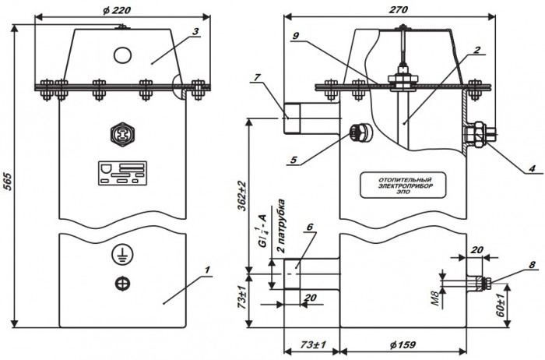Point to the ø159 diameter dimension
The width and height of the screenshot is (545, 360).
point(403,347)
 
